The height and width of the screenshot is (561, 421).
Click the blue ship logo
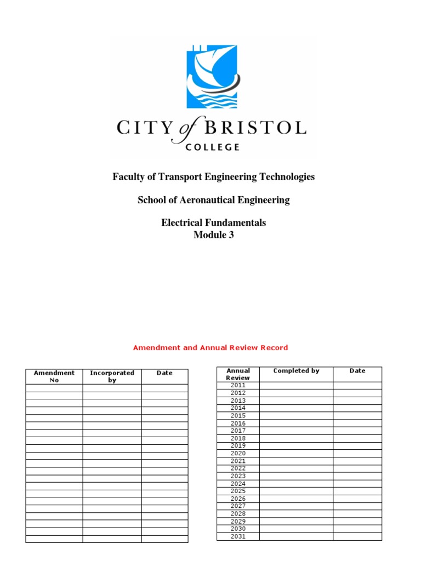(211, 77)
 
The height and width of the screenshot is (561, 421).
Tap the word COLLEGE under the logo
(213, 147)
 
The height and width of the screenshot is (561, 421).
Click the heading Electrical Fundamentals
(213, 222)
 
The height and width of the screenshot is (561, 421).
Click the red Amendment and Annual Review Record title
(210, 347)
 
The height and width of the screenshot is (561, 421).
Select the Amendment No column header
(54, 376)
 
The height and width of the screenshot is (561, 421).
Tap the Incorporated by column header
(112, 376)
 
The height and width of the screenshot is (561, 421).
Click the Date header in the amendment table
(164, 373)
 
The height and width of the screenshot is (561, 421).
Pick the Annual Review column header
(238, 374)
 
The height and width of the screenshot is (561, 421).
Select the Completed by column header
(296, 371)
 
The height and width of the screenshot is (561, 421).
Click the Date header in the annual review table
(357, 371)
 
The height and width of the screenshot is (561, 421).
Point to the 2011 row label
(238, 386)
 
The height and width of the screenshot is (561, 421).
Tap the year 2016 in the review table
(238, 423)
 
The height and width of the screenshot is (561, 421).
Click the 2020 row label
(238, 454)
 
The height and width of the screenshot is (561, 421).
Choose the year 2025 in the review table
(238, 491)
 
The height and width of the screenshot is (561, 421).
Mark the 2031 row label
(238, 536)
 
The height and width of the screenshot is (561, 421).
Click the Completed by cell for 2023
(296, 476)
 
